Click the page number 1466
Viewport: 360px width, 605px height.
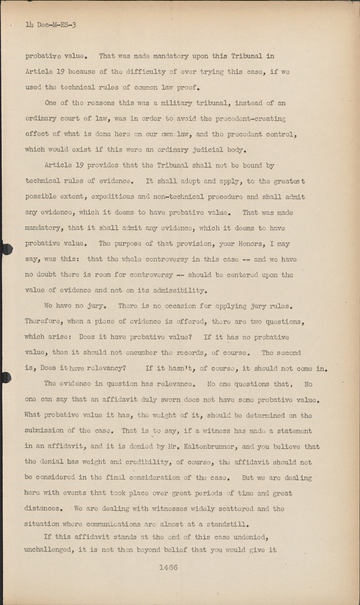(x=168, y=567)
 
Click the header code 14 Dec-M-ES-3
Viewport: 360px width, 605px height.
(x=51, y=25)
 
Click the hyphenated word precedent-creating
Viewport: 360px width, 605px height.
(x=251, y=119)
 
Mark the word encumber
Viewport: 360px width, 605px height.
(x=138, y=353)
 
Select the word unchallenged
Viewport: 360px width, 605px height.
(x=50, y=550)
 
